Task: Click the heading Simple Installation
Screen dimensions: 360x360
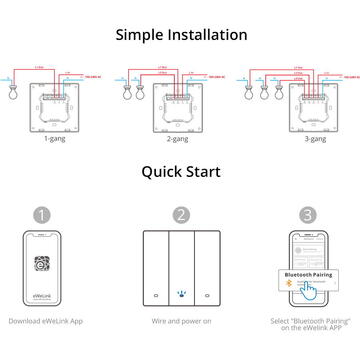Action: (180, 34)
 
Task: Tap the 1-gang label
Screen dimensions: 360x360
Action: (56, 139)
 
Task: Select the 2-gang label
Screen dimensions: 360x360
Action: (180, 139)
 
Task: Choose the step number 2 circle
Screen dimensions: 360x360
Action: (180, 214)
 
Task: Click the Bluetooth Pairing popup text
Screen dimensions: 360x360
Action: (309, 273)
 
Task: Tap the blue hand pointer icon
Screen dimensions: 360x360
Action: (312, 291)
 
